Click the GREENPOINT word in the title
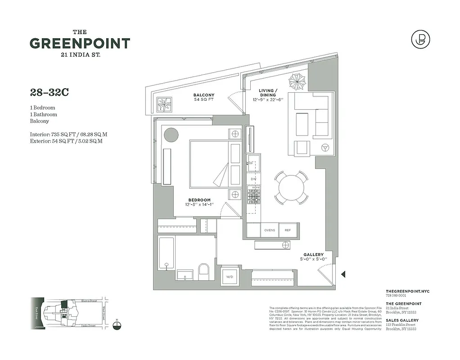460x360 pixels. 80,44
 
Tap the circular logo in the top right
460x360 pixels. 420,39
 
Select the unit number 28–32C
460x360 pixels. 50,93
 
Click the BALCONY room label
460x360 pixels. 204,95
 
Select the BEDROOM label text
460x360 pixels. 199,200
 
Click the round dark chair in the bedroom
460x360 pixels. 171,134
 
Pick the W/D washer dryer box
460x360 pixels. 229,276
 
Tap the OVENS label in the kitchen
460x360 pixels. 270,230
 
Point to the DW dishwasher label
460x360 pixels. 253,179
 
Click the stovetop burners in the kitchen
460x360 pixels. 254,196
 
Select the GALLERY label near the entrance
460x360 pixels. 313,255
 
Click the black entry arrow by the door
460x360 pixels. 343,274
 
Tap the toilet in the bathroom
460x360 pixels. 204,272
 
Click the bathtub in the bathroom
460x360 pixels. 166,253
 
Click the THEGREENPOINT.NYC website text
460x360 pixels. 408,292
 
